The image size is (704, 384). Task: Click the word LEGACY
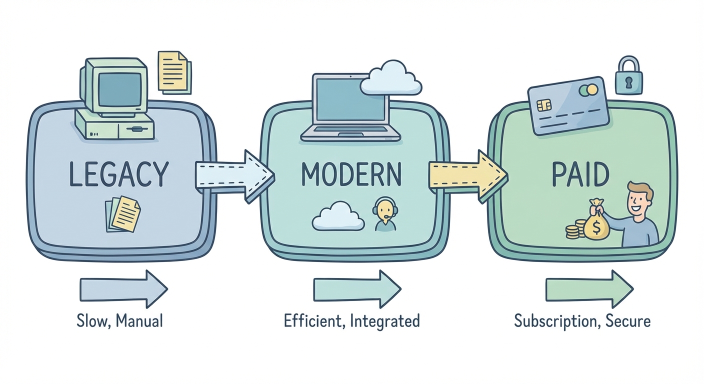[118, 173]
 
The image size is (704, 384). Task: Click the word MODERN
[351, 173]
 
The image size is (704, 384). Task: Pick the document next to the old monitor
[173, 71]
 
